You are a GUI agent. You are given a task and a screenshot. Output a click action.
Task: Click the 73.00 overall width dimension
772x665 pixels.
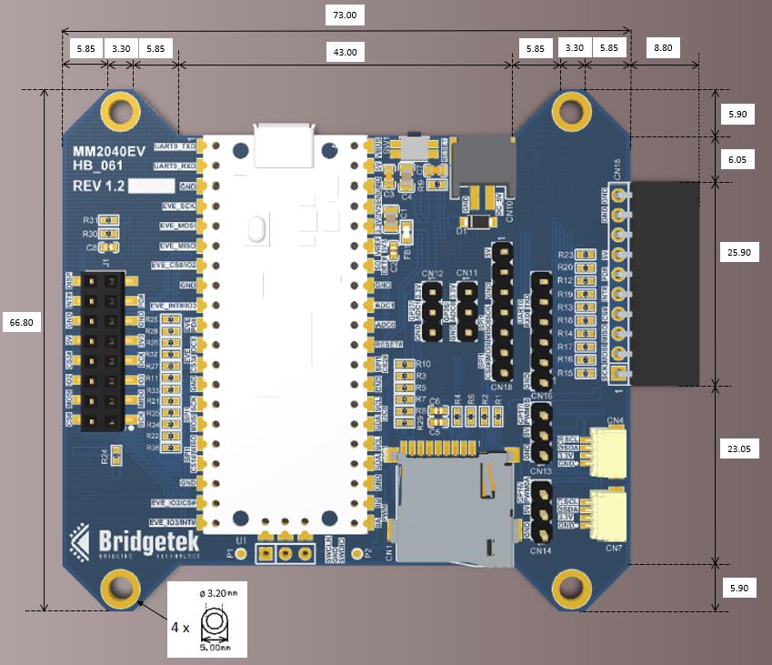tap(346, 15)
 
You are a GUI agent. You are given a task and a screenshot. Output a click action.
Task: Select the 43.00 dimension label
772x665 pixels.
tap(346, 53)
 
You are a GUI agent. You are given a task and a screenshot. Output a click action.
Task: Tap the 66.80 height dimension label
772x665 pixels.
tap(22, 323)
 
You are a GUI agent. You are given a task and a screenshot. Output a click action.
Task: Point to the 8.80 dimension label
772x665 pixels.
tap(664, 48)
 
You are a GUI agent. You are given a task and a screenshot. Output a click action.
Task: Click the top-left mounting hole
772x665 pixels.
tap(120, 111)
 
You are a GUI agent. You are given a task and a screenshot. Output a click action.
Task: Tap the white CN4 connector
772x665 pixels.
tap(607, 451)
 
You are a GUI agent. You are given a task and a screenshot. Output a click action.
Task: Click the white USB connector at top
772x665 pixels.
tap(285, 142)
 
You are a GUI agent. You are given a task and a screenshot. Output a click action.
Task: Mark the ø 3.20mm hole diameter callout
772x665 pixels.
tap(217, 593)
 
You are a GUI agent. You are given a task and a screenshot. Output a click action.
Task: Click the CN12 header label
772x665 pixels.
tap(432, 274)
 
